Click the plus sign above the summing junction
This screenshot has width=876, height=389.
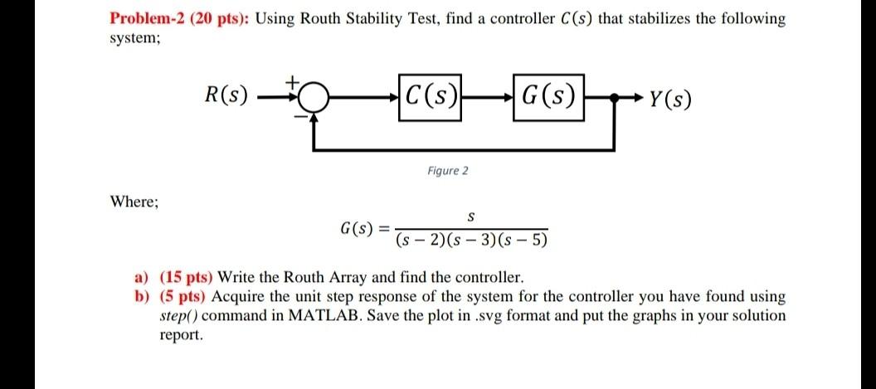click(x=291, y=82)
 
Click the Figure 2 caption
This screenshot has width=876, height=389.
click(x=448, y=171)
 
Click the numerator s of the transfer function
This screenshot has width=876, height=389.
click(x=470, y=218)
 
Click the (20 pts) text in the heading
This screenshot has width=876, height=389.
click(x=219, y=19)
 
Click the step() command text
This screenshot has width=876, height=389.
click(x=178, y=316)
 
